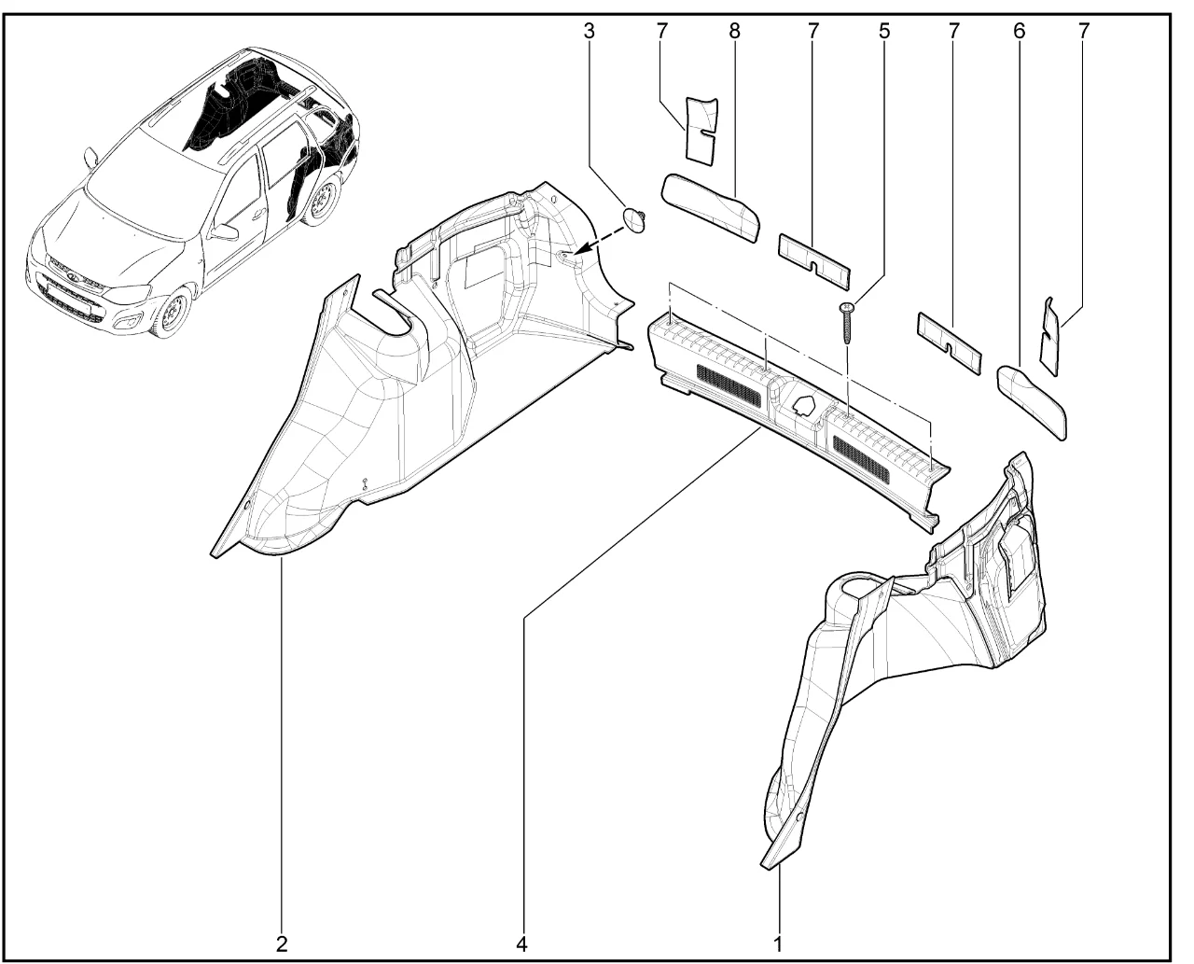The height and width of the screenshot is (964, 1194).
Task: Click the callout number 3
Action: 589,32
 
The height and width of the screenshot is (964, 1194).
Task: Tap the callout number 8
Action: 734,32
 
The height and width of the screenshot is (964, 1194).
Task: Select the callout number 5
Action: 884,32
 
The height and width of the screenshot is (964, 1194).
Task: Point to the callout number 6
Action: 1020,32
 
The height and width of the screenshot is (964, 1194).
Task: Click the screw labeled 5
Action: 847,324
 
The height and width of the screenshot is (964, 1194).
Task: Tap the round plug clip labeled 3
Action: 635,220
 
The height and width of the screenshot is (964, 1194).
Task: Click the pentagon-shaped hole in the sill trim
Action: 803,404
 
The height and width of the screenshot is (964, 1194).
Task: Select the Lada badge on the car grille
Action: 71,275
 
